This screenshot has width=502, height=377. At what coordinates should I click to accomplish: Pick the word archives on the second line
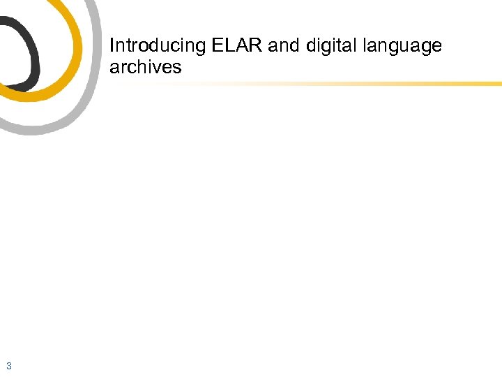(x=145, y=68)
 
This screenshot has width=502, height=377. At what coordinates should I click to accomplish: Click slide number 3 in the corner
(x=8, y=366)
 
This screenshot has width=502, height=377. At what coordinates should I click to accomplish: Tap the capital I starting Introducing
(x=112, y=46)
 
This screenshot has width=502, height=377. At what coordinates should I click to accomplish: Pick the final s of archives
(x=177, y=68)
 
